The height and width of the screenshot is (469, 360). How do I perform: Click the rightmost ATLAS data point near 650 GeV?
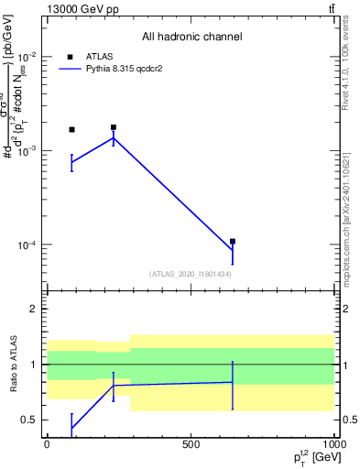[x=233, y=241]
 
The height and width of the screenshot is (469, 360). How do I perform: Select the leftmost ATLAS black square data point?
[x=71, y=129]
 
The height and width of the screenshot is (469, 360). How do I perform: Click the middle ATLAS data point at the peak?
[x=114, y=127]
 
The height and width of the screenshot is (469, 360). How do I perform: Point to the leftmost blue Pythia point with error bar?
[x=71, y=162]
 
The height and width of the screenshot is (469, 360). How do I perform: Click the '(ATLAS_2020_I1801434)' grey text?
[x=191, y=274]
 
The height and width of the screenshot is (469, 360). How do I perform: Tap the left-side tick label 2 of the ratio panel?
[x=32, y=310]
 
